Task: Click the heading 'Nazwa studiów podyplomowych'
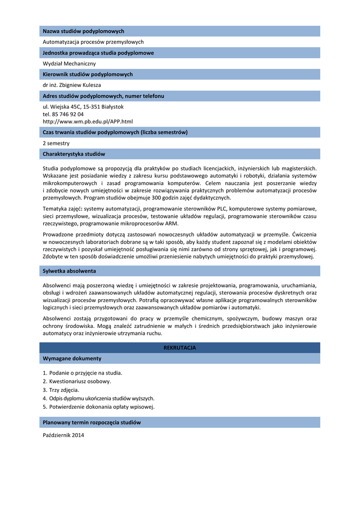tap(83, 31)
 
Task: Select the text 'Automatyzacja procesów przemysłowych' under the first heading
tap(93, 42)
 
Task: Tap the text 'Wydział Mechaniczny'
tap(69, 63)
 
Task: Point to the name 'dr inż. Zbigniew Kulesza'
tap(72, 85)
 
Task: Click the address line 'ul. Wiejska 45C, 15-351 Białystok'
tap(83, 107)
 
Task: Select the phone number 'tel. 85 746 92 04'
tap(63, 114)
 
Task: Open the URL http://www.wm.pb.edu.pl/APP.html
tap(87, 122)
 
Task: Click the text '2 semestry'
tap(56, 143)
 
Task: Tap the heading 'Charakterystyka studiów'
tap(73, 154)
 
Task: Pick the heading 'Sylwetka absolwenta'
tap(69, 271)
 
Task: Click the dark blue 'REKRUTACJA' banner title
tap(180, 348)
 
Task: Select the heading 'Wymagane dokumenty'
tap(72, 358)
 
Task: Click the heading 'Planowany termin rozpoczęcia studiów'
tap(92, 423)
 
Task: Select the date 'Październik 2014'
tap(64, 436)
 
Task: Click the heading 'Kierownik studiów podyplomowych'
tap(87, 74)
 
